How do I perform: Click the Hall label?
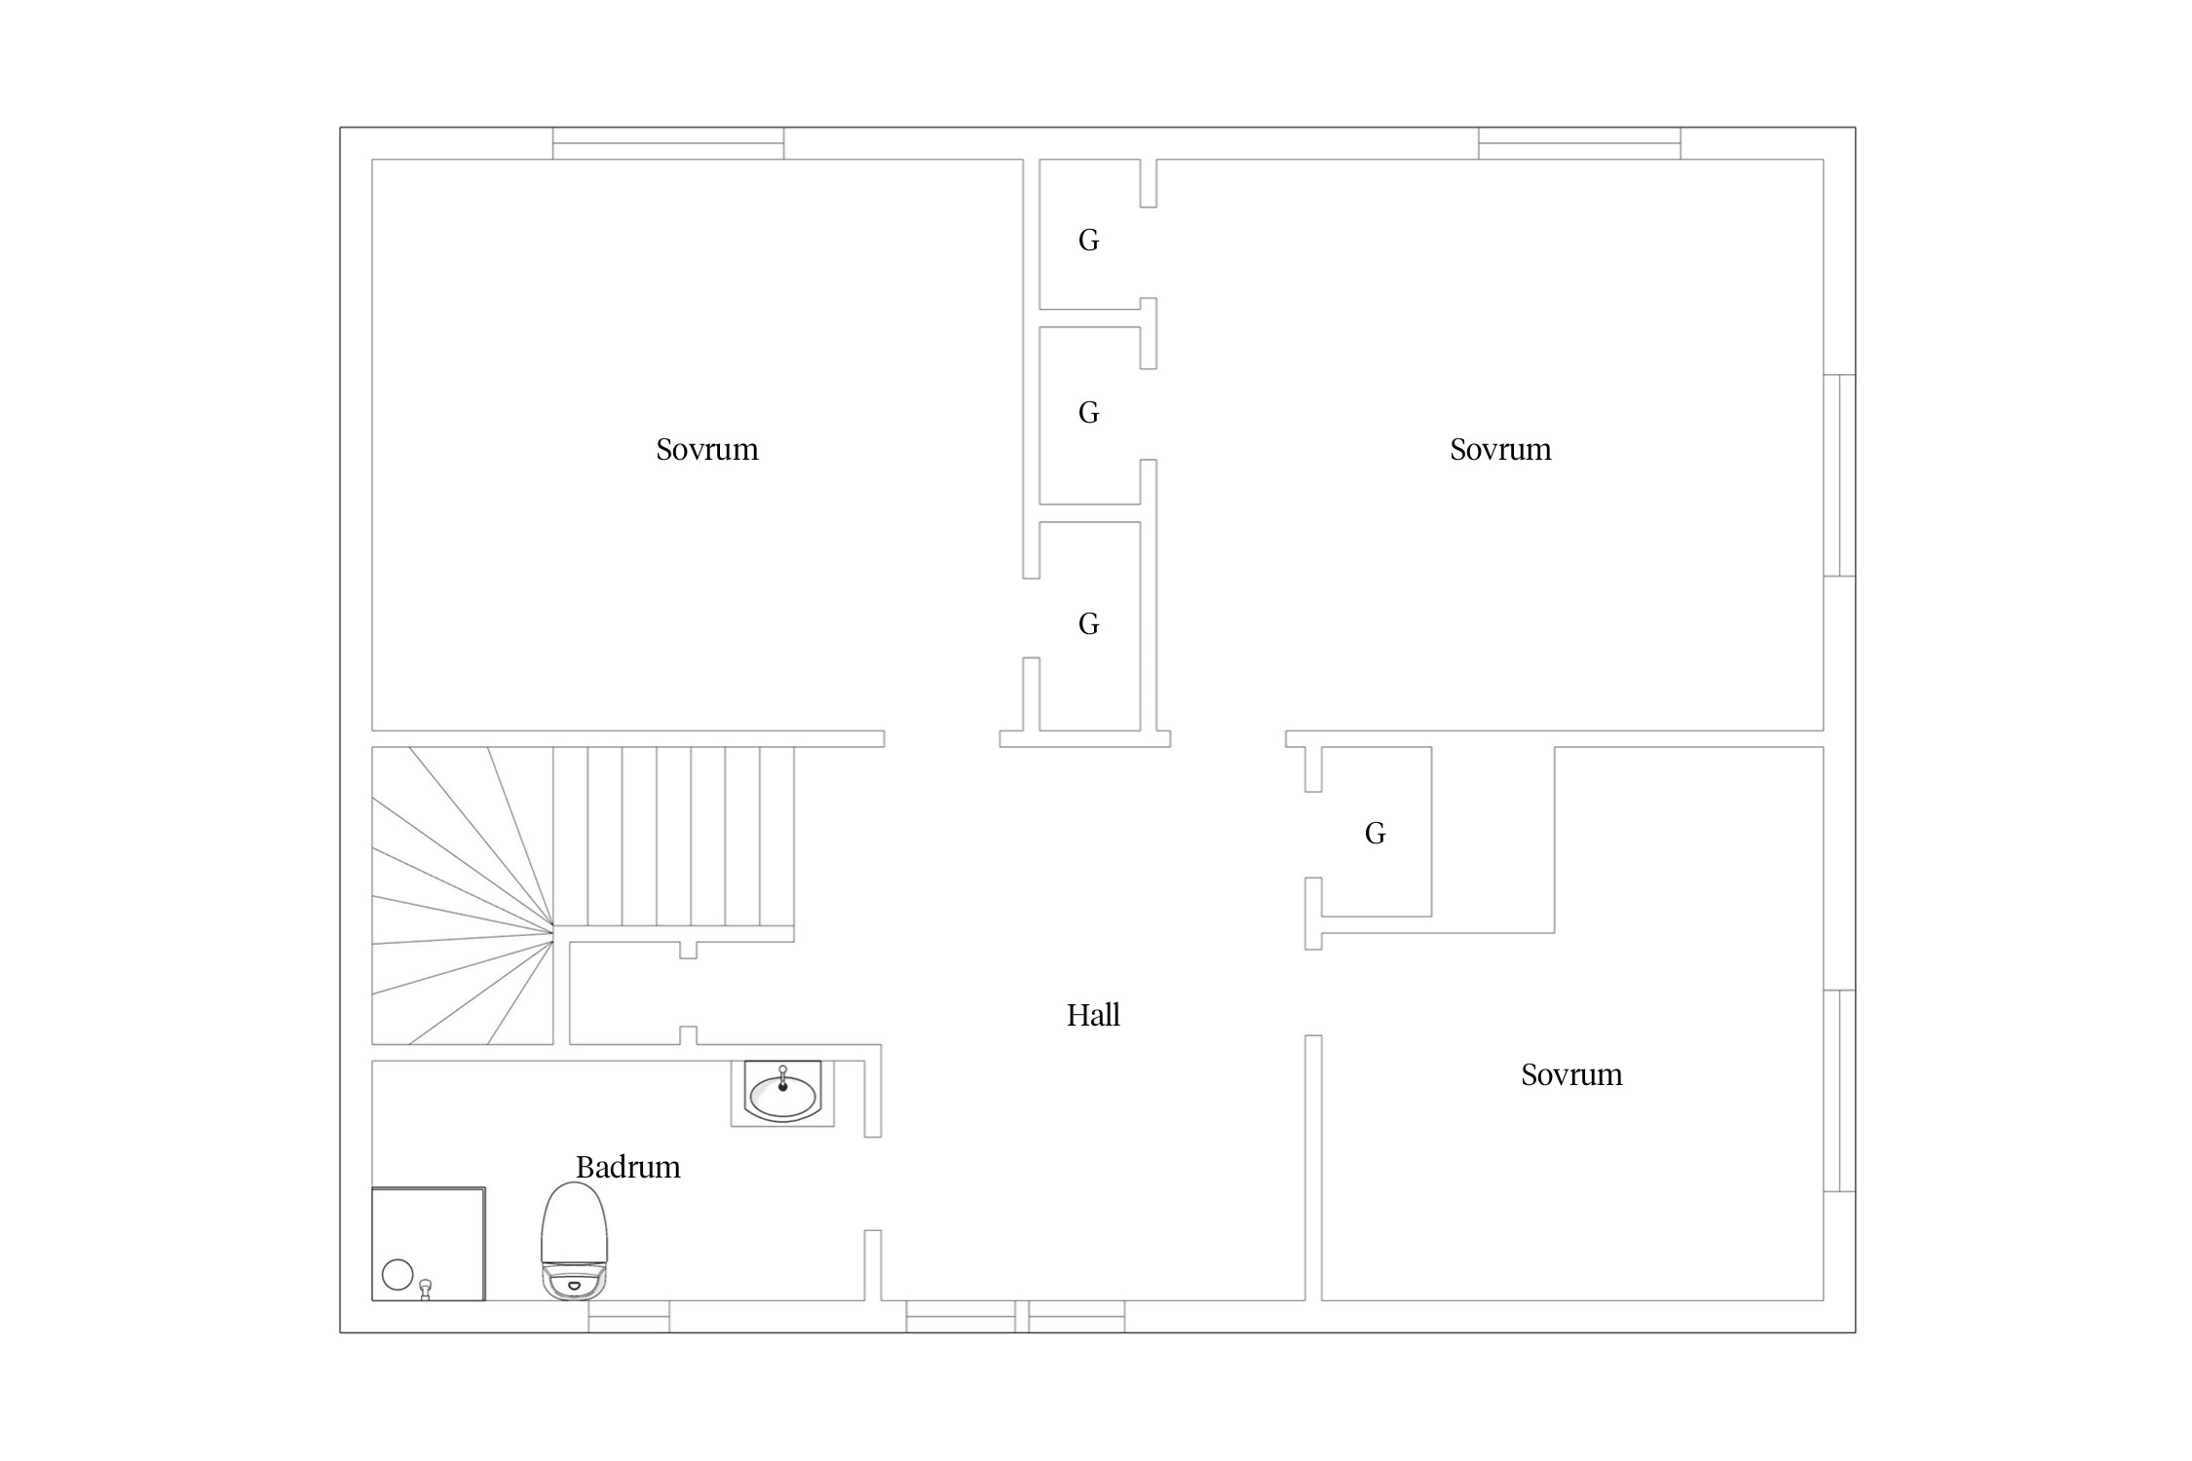click(1092, 1015)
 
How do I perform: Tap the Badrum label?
click(627, 1167)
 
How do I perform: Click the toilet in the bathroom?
click(574, 1241)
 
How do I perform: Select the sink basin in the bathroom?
click(782, 1092)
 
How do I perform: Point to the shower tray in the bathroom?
click(429, 1244)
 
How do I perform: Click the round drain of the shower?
click(397, 1274)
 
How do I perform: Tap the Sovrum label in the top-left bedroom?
click(706, 449)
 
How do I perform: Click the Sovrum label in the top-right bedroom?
click(1500, 449)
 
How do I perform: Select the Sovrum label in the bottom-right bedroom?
click(1571, 1074)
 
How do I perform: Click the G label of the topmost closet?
click(1088, 241)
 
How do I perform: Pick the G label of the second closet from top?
click(1088, 413)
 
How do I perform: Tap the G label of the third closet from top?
click(1088, 624)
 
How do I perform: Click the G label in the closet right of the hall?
click(1375, 834)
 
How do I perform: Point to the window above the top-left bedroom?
click(668, 143)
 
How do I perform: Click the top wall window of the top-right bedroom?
click(1579, 143)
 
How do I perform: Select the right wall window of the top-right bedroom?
click(1839, 475)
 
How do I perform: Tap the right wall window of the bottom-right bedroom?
click(1839, 1091)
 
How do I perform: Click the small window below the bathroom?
click(628, 1316)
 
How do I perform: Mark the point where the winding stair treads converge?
click(553, 932)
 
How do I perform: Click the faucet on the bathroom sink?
click(782, 1077)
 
